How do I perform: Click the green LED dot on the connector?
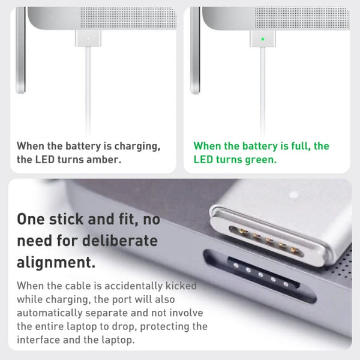(262, 40)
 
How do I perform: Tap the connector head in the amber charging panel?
(88, 39)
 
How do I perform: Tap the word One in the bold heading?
(31, 219)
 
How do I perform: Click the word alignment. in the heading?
(56, 262)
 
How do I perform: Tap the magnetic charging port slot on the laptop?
(262, 277)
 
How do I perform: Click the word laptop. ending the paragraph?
(118, 340)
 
